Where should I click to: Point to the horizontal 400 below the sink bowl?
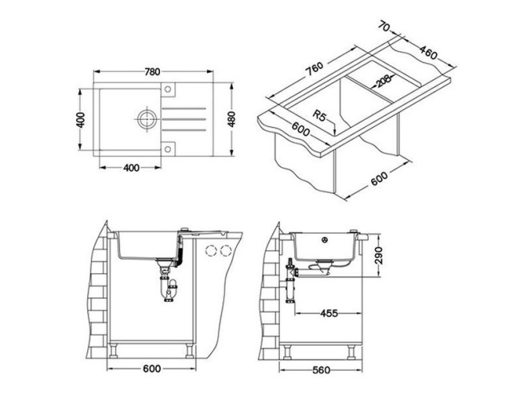pyautogui.click(x=133, y=168)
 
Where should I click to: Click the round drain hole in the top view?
pyautogui.click(x=145, y=120)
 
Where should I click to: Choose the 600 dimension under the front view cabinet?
pyautogui.click(x=153, y=370)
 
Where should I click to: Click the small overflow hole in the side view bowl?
pyautogui.click(x=326, y=240)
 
